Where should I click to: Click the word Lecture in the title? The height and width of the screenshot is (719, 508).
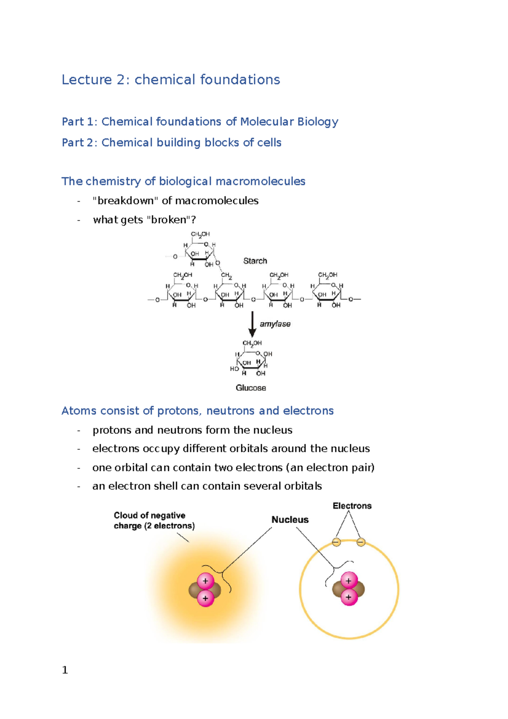[87, 80]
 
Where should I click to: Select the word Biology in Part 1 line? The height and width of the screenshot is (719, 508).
[317, 122]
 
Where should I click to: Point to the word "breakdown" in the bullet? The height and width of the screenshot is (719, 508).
[125, 201]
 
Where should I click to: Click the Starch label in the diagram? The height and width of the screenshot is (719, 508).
[255, 261]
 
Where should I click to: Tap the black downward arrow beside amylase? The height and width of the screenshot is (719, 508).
[252, 324]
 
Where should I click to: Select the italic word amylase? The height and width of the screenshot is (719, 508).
[275, 324]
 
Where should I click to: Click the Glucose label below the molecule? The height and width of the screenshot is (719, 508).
[251, 388]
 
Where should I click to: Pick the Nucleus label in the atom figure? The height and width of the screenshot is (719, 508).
[290, 520]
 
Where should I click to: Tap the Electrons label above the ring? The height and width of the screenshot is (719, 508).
[352, 506]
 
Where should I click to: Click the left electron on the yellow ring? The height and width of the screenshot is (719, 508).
[337, 542]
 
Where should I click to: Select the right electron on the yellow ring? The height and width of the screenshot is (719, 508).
[361, 542]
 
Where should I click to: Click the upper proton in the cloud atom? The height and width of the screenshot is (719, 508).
[205, 581]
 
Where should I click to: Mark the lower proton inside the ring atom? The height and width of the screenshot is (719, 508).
[349, 597]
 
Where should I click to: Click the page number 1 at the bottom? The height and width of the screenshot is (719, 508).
[65, 670]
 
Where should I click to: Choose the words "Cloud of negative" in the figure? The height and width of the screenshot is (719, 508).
[149, 515]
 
